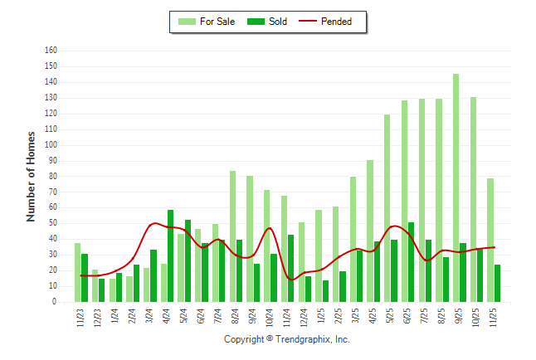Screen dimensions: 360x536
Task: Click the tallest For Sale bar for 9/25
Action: coord(456,187)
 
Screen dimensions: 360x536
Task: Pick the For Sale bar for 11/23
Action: coord(77,272)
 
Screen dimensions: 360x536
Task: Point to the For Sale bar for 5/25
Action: coord(387,208)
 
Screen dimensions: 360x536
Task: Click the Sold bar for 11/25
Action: coord(497,283)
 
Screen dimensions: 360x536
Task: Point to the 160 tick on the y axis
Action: coord(51,51)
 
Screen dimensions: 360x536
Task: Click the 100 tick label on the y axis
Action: coord(51,145)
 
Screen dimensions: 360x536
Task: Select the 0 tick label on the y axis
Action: coord(54,302)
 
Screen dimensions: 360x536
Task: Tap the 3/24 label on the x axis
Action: coord(149,318)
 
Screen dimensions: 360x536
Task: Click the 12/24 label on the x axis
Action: coord(304,319)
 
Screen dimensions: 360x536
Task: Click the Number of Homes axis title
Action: coord(32,175)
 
